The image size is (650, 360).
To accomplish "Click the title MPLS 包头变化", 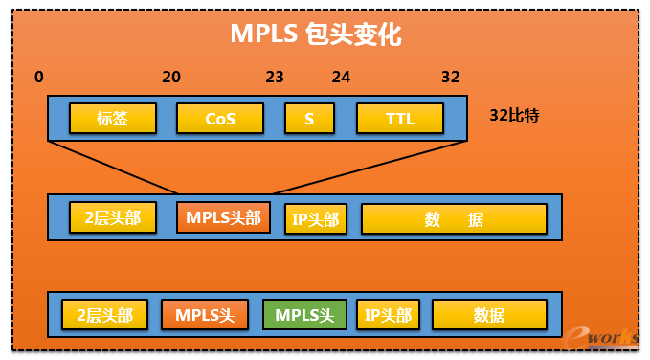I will coord(315,35).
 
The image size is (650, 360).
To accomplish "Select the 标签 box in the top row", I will coord(113,119).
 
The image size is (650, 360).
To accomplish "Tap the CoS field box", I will coord(220,119).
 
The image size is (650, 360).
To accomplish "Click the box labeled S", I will coord(309,119).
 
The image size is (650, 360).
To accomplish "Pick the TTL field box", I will coord(399,119).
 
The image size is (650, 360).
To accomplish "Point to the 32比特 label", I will coord(514,116).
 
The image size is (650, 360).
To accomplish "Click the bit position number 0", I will coord(38,77).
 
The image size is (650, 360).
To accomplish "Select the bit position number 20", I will coord(171,77).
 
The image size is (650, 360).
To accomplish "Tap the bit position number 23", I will coord(275,77).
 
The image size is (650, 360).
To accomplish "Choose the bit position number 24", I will coord(342,77).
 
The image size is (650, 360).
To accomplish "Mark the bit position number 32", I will coord(451,77).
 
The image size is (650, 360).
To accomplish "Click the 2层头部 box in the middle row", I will coord(113,217).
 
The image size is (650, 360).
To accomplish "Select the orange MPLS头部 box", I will coord(223,217).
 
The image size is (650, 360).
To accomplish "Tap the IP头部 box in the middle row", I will coord(315,219).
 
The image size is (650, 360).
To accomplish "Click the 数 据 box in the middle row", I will coord(453,219).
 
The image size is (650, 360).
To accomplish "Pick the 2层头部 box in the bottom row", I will coord(104,314).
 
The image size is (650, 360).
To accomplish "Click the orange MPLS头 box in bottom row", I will coord(204,314).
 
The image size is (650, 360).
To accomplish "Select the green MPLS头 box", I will coord(303,314).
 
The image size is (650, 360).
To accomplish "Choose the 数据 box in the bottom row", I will coord(488,314).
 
